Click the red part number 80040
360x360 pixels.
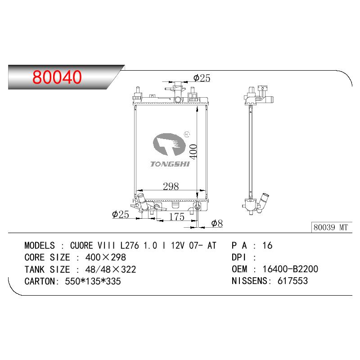57,77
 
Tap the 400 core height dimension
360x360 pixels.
193,151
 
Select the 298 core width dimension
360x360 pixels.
171,186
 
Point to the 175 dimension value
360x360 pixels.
176,217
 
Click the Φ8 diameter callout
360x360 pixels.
217,223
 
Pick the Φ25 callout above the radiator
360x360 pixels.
202,78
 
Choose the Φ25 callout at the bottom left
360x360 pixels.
121,215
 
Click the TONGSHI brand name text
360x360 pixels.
170,164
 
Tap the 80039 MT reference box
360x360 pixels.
331,227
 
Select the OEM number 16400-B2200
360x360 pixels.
290,269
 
